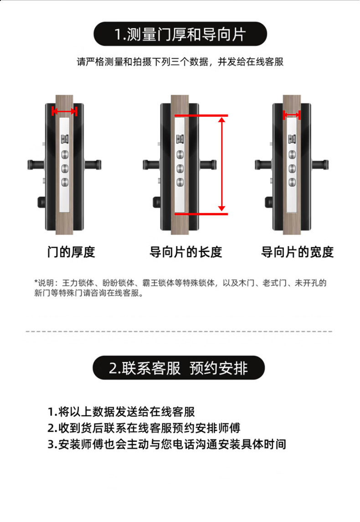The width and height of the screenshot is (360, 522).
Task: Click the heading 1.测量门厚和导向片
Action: pos(180,34)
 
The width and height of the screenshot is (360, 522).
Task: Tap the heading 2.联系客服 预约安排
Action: pos(178,368)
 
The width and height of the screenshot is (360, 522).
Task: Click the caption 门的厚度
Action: pos(71,252)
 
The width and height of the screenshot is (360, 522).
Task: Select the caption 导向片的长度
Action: pos(185,252)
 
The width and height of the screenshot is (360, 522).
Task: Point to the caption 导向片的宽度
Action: pos(297,252)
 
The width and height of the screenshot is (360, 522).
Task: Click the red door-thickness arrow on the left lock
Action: pos(64,111)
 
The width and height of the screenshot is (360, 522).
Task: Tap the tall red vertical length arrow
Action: pos(221,165)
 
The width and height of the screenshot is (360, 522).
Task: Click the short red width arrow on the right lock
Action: pos(292,115)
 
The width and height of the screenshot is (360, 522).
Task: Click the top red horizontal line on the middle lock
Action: pos(201,115)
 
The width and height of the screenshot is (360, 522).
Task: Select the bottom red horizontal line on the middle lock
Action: pos(201,214)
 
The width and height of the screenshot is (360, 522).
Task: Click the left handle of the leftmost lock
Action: pos(36,165)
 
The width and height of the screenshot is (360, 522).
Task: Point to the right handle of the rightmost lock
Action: pos(320,165)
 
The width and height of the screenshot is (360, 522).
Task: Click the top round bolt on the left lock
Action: pos(65,155)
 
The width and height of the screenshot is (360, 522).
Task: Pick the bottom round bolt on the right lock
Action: pos(292,182)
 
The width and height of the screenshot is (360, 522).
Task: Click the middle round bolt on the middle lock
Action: pos(180,168)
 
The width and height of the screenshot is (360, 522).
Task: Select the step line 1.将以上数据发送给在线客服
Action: pos(121,412)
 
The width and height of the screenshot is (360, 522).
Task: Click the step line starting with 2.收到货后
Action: pos(144,428)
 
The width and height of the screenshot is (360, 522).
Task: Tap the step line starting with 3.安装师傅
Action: pos(167,444)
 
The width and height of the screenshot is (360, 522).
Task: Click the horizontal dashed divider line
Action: pos(179,331)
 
